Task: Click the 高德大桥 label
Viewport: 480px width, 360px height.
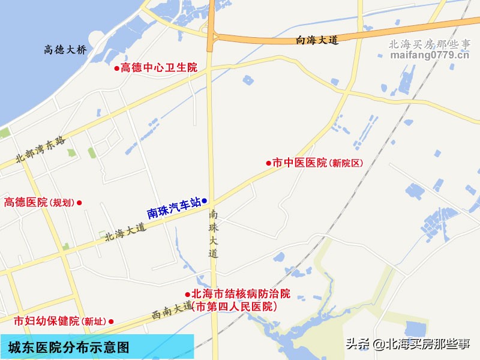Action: click(x=65, y=50)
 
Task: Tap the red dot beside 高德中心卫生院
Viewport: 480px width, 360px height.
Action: click(x=117, y=68)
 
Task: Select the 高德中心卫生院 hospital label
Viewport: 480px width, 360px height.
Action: click(x=159, y=68)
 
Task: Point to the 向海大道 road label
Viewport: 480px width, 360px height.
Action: click(x=317, y=40)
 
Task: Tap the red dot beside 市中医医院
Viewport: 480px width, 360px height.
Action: click(x=269, y=163)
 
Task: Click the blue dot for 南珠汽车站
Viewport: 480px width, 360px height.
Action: click(x=205, y=200)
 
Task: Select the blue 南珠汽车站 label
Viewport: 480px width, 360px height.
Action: click(x=173, y=208)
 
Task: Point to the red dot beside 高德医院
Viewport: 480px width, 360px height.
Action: click(x=79, y=203)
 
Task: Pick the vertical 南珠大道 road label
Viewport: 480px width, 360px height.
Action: click(x=213, y=234)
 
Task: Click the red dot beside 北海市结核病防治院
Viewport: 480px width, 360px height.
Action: click(x=187, y=294)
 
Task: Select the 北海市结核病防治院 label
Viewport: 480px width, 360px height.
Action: click(x=241, y=294)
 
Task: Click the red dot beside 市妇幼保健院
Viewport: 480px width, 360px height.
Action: click(x=111, y=321)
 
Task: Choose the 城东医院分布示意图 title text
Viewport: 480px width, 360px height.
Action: click(x=68, y=347)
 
